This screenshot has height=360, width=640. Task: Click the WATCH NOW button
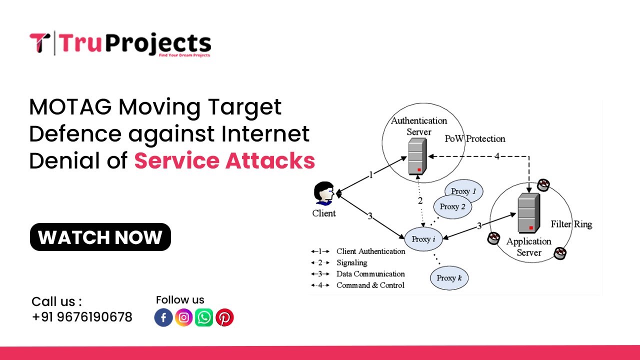click(x=100, y=237)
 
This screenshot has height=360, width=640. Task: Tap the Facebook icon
click(x=163, y=317)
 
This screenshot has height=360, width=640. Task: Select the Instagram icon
click(x=184, y=317)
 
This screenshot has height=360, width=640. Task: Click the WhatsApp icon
click(x=204, y=317)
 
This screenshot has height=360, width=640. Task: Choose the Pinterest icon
click(x=224, y=317)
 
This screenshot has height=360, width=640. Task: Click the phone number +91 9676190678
click(x=82, y=317)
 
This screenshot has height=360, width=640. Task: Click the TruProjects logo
click(x=120, y=44)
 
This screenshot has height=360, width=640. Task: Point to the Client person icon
click(x=324, y=194)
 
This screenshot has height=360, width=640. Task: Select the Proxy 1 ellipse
click(x=464, y=191)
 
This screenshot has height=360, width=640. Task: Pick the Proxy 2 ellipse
click(x=452, y=207)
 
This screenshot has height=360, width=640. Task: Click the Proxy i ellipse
click(x=423, y=239)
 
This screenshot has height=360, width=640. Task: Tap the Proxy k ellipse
click(x=449, y=278)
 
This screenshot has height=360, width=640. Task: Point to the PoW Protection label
click(x=475, y=138)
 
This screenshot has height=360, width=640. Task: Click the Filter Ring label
click(x=571, y=224)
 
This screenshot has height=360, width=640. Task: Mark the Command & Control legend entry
click(x=370, y=285)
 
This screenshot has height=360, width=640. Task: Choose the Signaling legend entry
click(x=351, y=262)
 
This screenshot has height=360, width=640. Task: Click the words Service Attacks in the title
click(x=224, y=160)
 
